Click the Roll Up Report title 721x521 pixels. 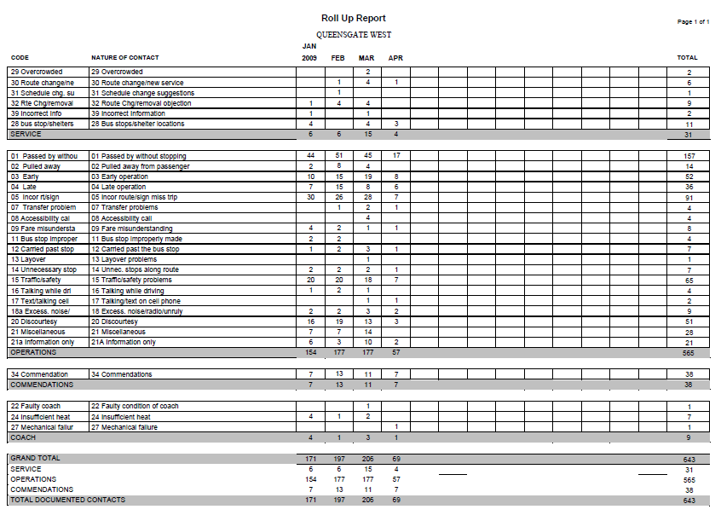(353, 18)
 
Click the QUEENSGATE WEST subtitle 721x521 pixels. (354, 35)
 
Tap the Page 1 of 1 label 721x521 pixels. (693, 21)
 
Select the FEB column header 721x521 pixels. (338, 58)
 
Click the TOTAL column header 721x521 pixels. (687, 58)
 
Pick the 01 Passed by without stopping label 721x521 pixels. (138, 156)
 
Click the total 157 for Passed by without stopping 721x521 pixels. (689, 156)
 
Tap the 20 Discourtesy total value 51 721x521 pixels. (689, 321)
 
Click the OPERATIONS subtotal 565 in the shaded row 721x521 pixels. (689, 352)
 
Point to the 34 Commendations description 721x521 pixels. (122, 374)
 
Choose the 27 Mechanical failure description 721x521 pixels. (126, 426)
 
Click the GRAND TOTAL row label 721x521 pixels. (35, 458)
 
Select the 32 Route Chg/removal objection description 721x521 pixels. (141, 103)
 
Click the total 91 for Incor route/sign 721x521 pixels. (689, 197)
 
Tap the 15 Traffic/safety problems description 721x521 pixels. (131, 280)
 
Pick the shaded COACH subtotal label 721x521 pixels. (23, 437)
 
